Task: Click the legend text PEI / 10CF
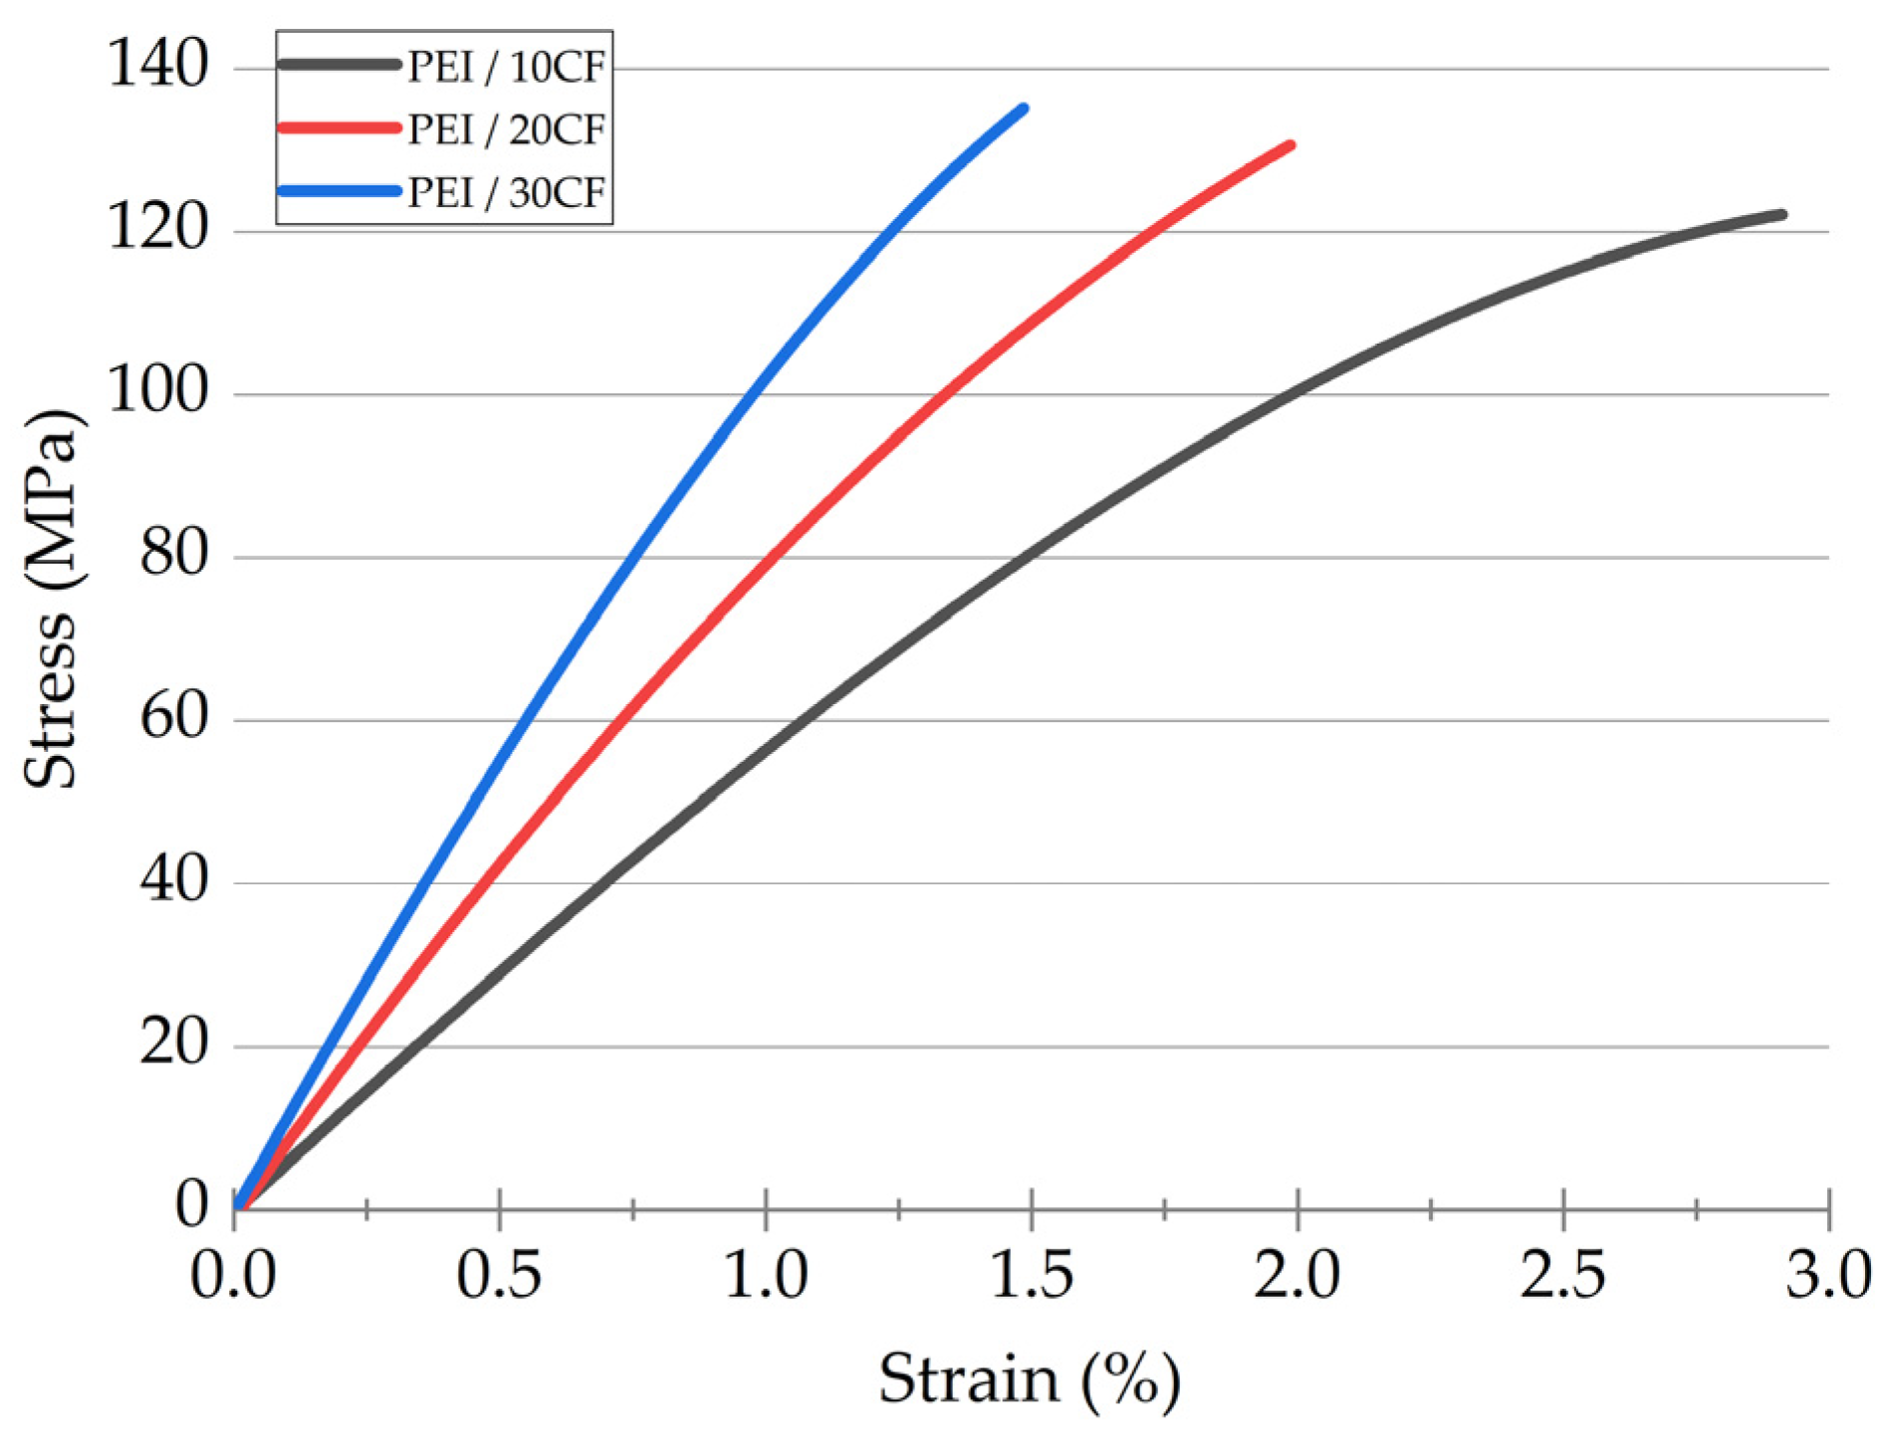pos(506,67)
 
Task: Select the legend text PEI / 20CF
pos(506,129)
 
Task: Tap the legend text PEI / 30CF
pos(506,192)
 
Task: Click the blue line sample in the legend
pos(340,190)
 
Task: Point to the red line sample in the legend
pos(340,127)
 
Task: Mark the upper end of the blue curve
pos(1024,108)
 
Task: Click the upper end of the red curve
pos(1291,145)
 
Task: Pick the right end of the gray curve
pos(1781,214)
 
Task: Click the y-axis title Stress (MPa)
pos(50,598)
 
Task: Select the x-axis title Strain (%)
pos(1029,1380)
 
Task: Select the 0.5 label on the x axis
pos(499,1275)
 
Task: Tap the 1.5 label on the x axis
pos(1032,1275)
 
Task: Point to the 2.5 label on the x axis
pos(1562,1275)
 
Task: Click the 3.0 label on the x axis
pos(1828,1275)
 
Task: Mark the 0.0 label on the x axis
pos(233,1275)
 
